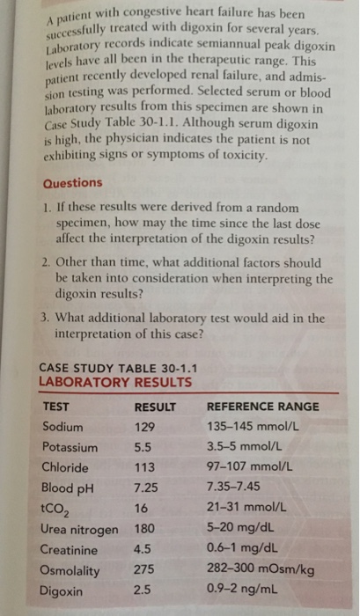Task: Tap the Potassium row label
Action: tap(68, 447)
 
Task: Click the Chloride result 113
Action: tap(144, 467)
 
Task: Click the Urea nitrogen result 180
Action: tap(145, 529)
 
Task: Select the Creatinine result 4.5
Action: tap(143, 549)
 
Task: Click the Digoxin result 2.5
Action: tap(143, 590)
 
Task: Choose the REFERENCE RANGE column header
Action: tap(261, 407)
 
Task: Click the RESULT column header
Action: tap(155, 407)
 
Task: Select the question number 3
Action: tap(46, 319)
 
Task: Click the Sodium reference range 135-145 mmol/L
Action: tap(254, 427)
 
